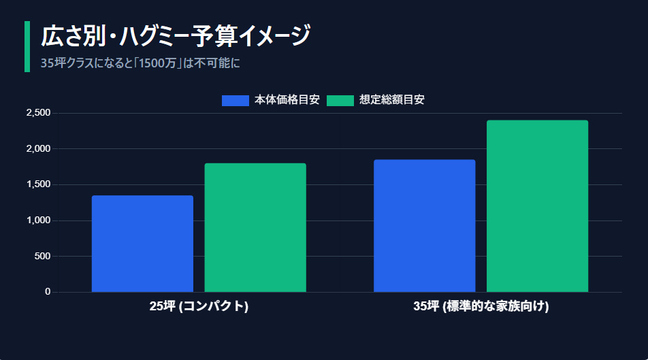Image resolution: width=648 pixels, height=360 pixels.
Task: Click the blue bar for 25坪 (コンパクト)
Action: (142, 244)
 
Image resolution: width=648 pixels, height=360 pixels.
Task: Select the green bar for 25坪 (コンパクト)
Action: (255, 227)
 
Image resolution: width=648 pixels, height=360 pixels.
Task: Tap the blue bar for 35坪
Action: (424, 226)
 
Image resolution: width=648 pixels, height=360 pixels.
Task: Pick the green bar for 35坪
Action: (537, 206)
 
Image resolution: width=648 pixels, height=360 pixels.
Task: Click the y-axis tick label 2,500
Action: (38, 113)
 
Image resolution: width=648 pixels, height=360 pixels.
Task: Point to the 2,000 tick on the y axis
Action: (38, 148)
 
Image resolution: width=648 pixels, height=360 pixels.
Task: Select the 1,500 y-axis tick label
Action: (38, 184)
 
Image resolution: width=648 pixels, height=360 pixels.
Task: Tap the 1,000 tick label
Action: (38, 220)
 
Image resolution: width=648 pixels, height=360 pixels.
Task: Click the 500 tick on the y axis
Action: (42, 256)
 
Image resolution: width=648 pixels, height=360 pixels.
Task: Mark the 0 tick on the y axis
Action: (48, 292)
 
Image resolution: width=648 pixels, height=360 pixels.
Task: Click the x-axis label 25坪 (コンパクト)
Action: (199, 306)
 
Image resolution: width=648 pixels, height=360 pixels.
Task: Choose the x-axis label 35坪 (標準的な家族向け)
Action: (481, 306)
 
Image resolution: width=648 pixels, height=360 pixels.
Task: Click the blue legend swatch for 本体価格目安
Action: (235, 100)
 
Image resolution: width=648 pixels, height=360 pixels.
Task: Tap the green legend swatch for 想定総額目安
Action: (340, 100)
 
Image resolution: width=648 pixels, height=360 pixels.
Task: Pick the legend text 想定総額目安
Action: (391, 100)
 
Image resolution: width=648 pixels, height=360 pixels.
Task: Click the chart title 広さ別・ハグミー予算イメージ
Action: (176, 36)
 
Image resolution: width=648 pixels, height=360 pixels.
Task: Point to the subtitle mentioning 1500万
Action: (140, 63)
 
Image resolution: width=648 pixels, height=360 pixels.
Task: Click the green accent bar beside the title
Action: (27, 46)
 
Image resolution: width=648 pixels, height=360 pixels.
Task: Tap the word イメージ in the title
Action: (275, 36)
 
